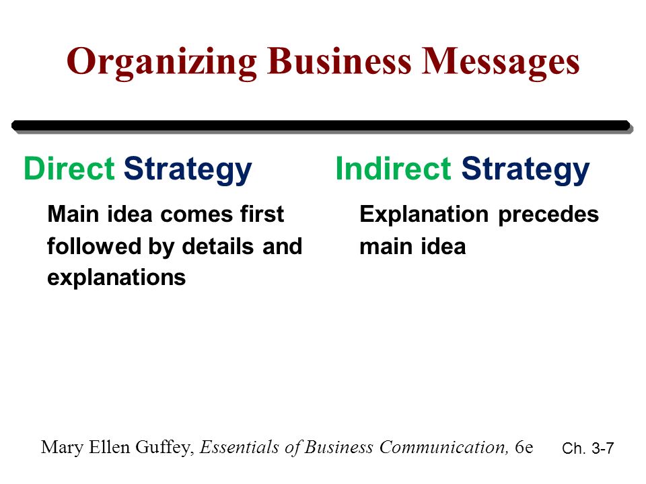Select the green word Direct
(68, 170)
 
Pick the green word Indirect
(393, 170)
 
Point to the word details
(217, 247)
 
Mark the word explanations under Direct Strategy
(116, 278)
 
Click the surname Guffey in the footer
(164, 447)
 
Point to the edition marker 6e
(523, 446)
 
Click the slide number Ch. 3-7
(587, 449)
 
